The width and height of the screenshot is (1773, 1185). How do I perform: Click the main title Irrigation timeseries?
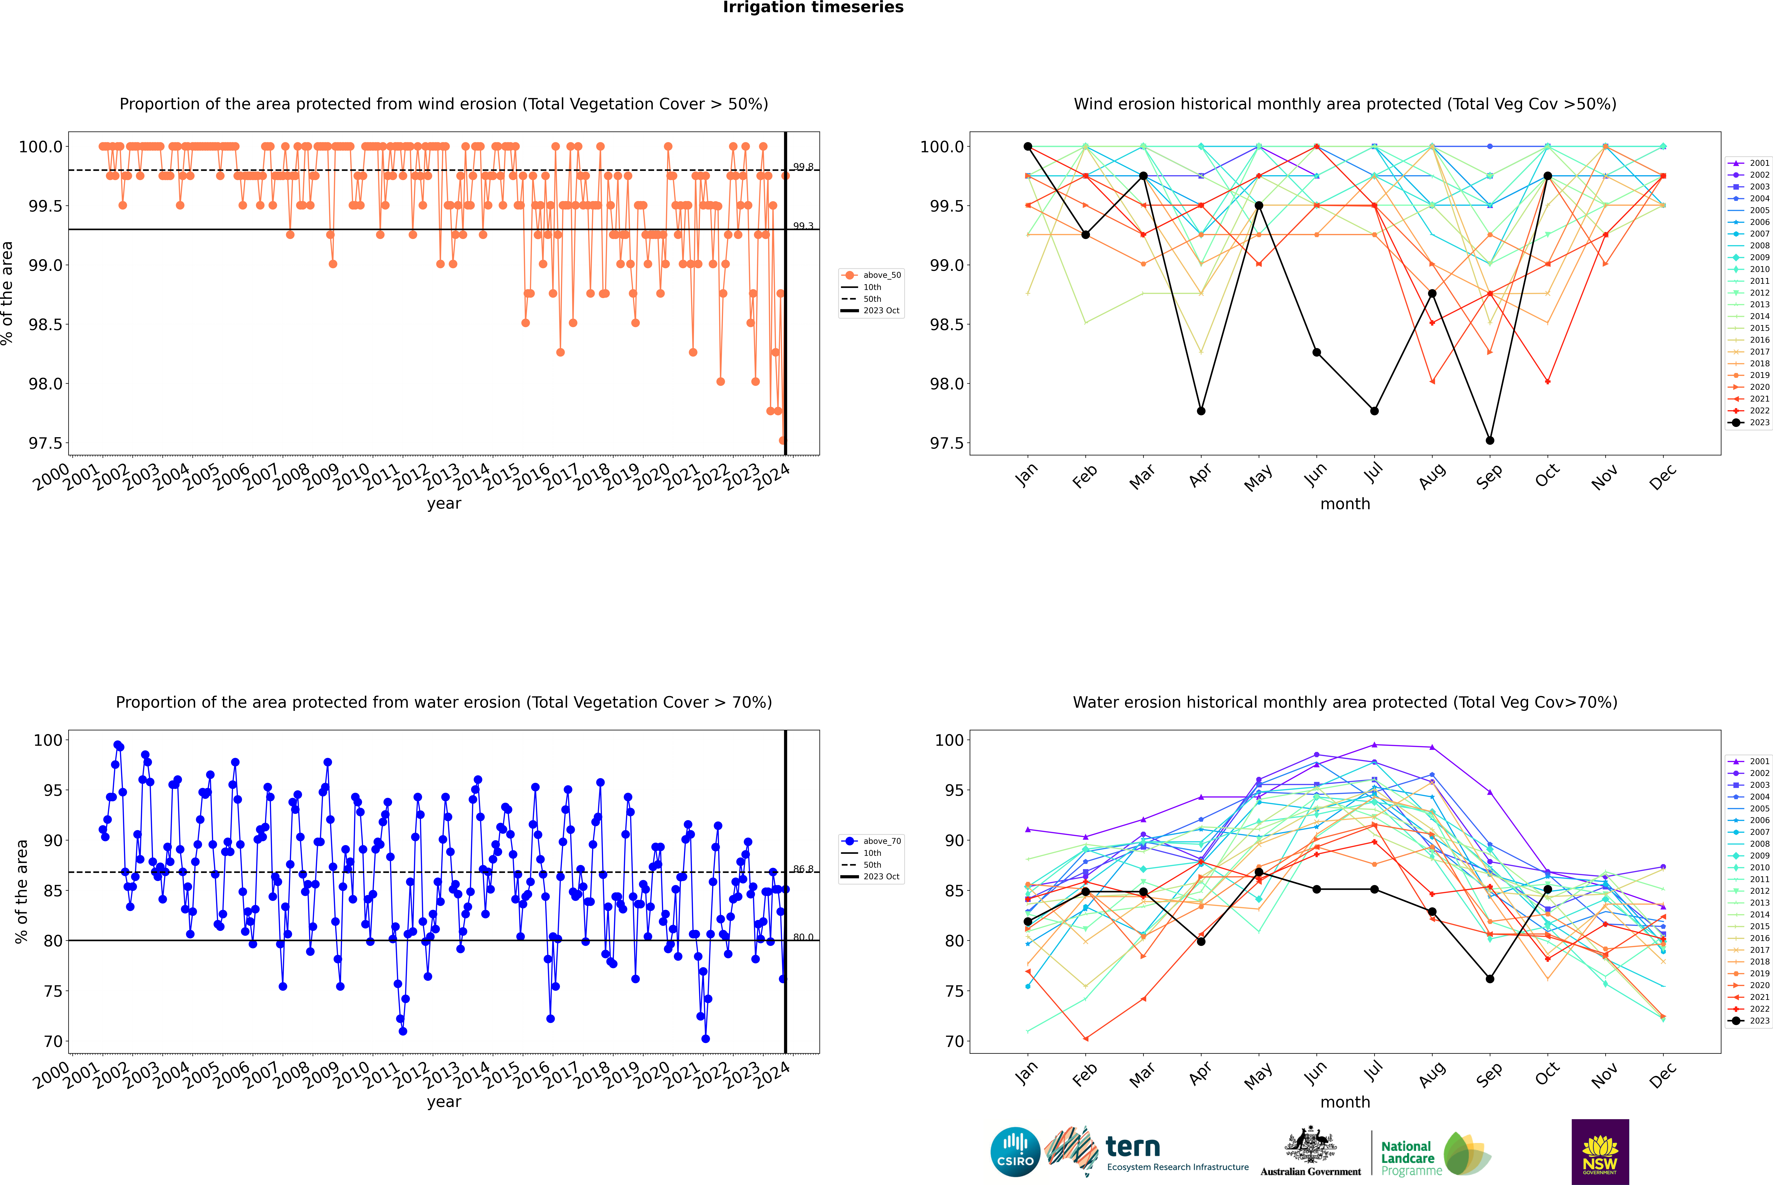point(813,8)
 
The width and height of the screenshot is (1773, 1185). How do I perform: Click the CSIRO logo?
point(1015,1152)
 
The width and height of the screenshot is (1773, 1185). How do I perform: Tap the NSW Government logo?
point(1600,1152)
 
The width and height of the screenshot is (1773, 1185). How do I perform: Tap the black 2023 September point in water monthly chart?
point(1490,979)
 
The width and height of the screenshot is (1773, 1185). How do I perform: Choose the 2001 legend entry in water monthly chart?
point(1749,761)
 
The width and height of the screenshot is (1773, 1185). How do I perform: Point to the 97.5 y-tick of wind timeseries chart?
point(45,443)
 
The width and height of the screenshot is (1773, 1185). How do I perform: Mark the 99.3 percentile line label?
point(803,226)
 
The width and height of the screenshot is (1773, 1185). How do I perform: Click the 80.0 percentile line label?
point(803,937)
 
